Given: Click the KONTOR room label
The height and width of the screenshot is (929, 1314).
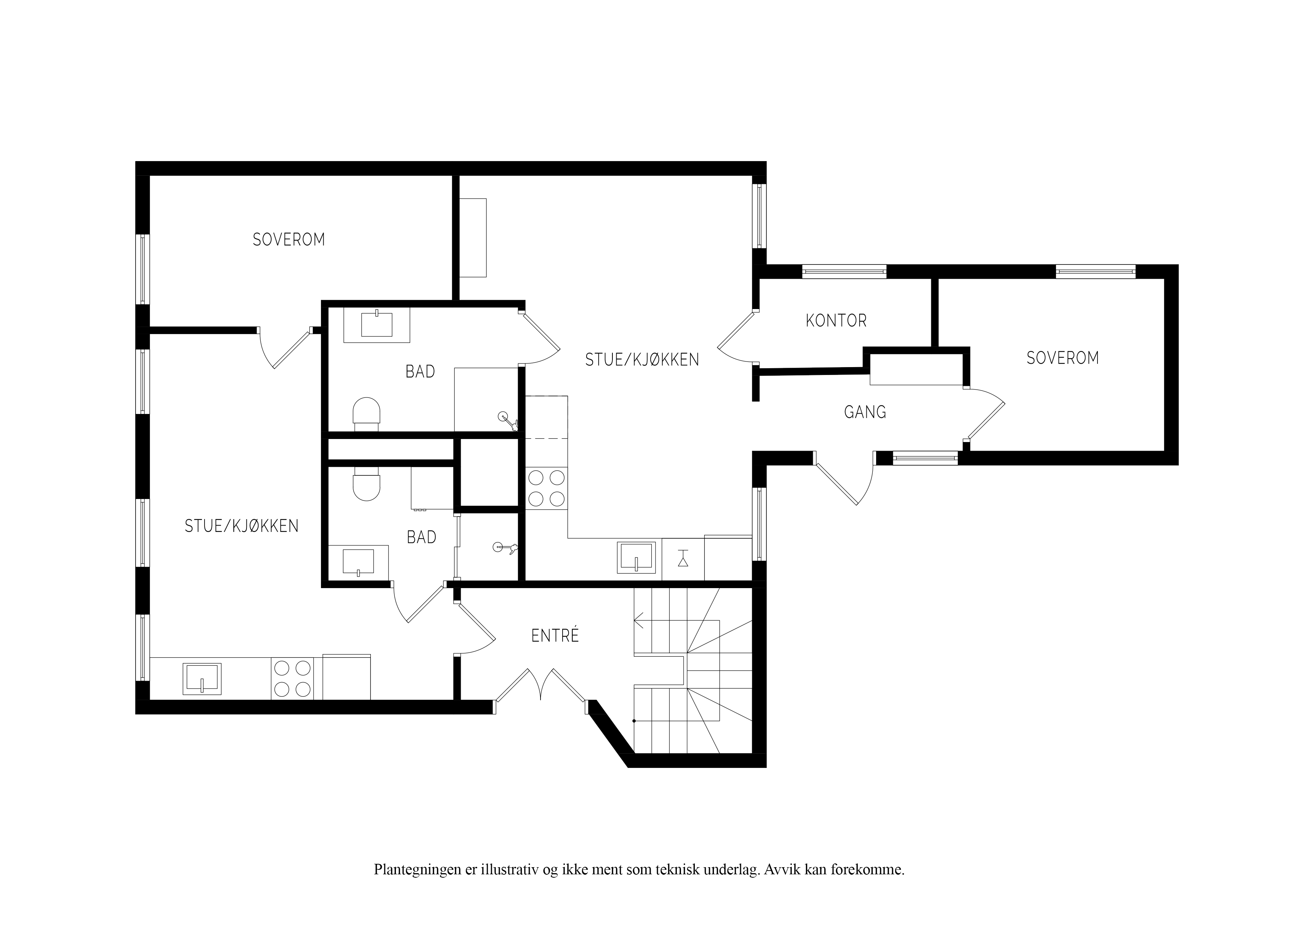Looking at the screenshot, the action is pos(836,321).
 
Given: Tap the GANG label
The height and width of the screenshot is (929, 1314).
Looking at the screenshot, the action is pos(865,412).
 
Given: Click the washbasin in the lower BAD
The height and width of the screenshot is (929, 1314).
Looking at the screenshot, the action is pos(358,562).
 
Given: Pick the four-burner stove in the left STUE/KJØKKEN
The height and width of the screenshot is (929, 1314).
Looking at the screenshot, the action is pos(293,679).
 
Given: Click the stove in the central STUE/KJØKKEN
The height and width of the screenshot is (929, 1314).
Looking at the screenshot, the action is pos(546,488).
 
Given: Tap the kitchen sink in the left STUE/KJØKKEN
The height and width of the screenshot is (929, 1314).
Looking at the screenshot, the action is pos(202,679).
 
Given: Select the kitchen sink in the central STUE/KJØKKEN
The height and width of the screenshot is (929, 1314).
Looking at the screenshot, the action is pos(636,557).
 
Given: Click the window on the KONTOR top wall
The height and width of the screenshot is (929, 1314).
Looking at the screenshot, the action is pos(844,271).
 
